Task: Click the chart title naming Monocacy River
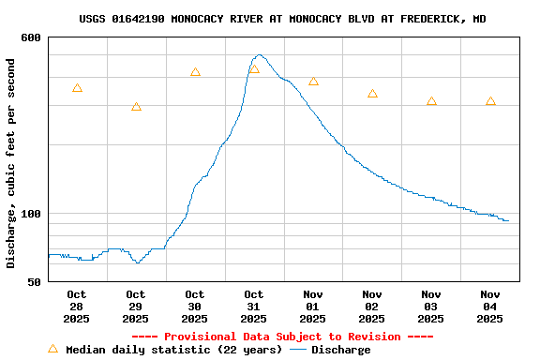[x=282, y=19]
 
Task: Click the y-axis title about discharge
[x=11, y=163]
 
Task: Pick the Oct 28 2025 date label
[x=77, y=307]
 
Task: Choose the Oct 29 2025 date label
[x=136, y=307]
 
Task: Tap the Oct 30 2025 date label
[x=195, y=307]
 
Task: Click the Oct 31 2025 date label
[x=254, y=307]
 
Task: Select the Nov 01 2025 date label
[x=313, y=307]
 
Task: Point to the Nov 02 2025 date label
[x=372, y=307]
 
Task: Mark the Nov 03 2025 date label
[x=431, y=307]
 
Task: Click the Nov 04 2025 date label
[x=490, y=307]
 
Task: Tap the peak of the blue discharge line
[x=259, y=55]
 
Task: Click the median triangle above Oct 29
[x=136, y=107]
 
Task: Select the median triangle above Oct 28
[x=77, y=88]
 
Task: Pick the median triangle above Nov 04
[x=490, y=101]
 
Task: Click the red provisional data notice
[x=282, y=337]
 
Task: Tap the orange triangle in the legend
[x=52, y=349]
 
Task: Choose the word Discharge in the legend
[x=340, y=350]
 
